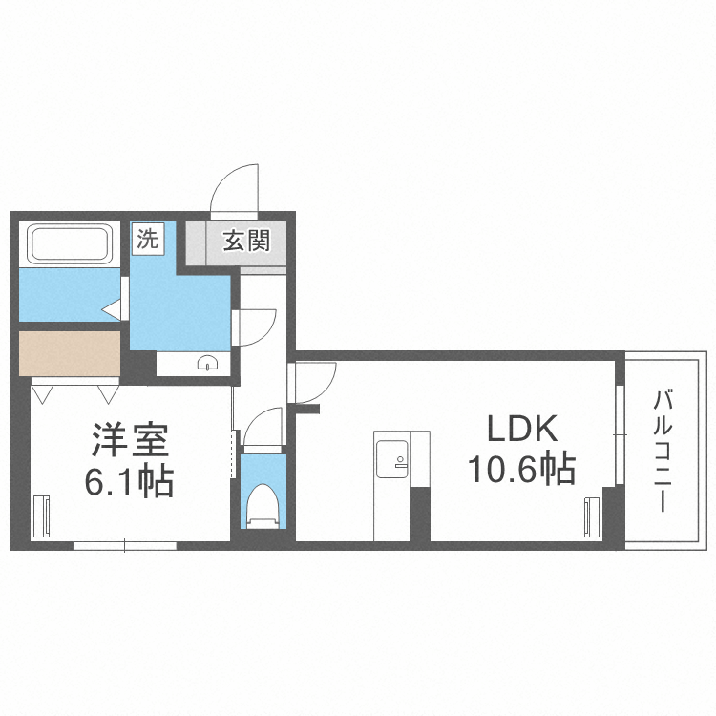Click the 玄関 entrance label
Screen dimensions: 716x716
pyautogui.click(x=246, y=239)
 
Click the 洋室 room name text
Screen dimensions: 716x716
pyautogui.click(x=130, y=442)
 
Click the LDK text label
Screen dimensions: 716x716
pyautogui.click(x=521, y=429)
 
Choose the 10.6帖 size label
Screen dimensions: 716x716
pyautogui.click(x=521, y=469)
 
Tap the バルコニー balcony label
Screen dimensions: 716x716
pyautogui.click(x=661, y=449)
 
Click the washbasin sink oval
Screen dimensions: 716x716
pyautogui.click(x=207, y=362)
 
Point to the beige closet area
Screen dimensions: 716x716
pyautogui.click(x=69, y=353)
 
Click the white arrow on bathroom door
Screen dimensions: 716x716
pyautogui.click(x=111, y=309)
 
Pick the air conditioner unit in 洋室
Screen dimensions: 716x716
pyautogui.click(x=41, y=516)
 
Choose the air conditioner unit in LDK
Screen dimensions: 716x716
pyautogui.click(x=589, y=516)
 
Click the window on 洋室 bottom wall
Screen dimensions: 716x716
pyautogui.click(x=125, y=546)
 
